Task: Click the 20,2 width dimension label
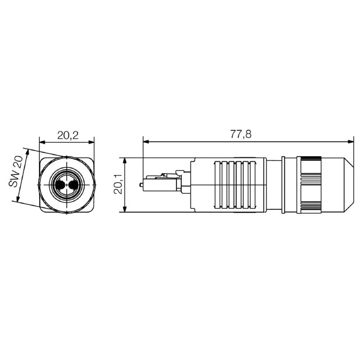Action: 67,135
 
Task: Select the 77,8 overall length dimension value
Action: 241,134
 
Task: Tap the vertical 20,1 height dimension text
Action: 117,185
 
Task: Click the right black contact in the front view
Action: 73,185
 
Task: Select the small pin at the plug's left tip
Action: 142,184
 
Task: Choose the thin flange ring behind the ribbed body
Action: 283,185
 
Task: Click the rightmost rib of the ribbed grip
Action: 252,185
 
